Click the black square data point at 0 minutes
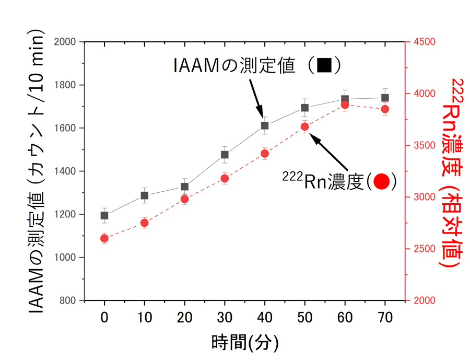click(x=104, y=215)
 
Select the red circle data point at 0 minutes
click(x=104, y=238)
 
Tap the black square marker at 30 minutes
click(x=225, y=155)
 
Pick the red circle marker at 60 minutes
click(x=345, y=105)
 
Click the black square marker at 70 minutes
click(x=385, y=98)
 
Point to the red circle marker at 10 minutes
click(x=145, y=223)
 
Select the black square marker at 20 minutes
click(x=184, y=187)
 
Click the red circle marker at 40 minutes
click(x=265, y=154)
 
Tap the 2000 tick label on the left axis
click(x=65, y=42)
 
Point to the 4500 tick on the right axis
click(x=424, y=42)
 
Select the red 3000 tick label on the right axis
click(x=424, y=198)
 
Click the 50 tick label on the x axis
click(x=304, y=317)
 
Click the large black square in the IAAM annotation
click(x=324, y=66)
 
